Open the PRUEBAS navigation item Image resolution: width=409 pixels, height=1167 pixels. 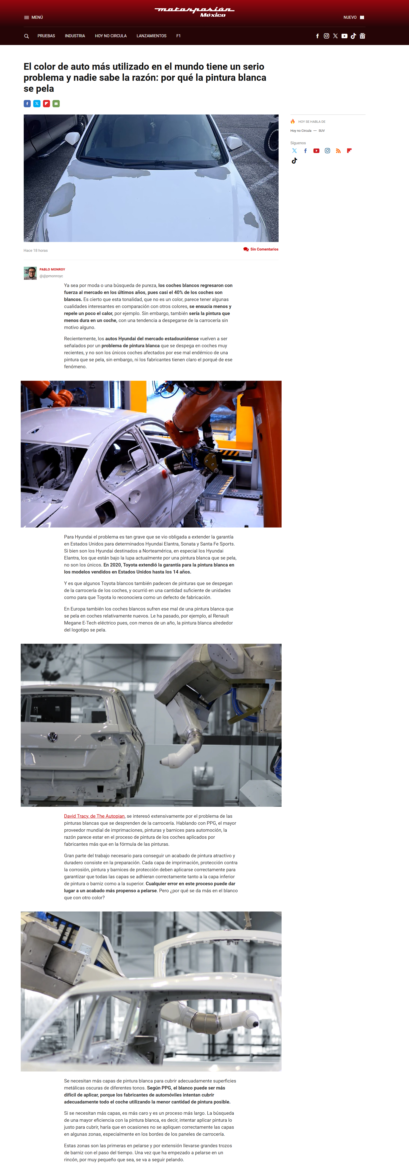[46, 36]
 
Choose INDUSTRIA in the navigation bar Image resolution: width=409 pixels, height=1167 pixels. [75, 36]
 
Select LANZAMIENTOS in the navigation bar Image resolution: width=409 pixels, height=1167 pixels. [151, 36]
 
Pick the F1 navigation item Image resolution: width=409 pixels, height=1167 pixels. [178, 36]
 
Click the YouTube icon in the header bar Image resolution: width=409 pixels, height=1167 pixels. [344, 36]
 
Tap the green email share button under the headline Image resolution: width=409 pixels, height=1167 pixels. [56, 104]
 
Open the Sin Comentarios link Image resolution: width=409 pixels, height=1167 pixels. [261, 249]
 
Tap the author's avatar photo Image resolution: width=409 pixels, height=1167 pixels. [30, 273]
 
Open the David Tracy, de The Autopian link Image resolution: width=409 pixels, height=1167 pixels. [94, 816]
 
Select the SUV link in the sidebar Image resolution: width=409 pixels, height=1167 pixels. [322, 130]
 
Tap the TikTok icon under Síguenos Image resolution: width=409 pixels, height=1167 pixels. [294, 160]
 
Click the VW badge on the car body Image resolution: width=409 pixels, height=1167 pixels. [52, 737]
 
